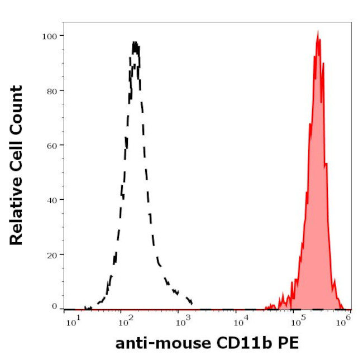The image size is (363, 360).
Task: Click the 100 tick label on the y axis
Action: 50,36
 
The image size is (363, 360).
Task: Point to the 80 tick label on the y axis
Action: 52,90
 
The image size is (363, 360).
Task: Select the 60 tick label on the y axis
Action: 52,145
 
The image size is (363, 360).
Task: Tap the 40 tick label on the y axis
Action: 52,199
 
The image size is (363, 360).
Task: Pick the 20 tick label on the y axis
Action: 52,254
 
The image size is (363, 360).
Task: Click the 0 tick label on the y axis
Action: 54,306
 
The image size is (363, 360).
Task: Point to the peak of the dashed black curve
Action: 135,42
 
